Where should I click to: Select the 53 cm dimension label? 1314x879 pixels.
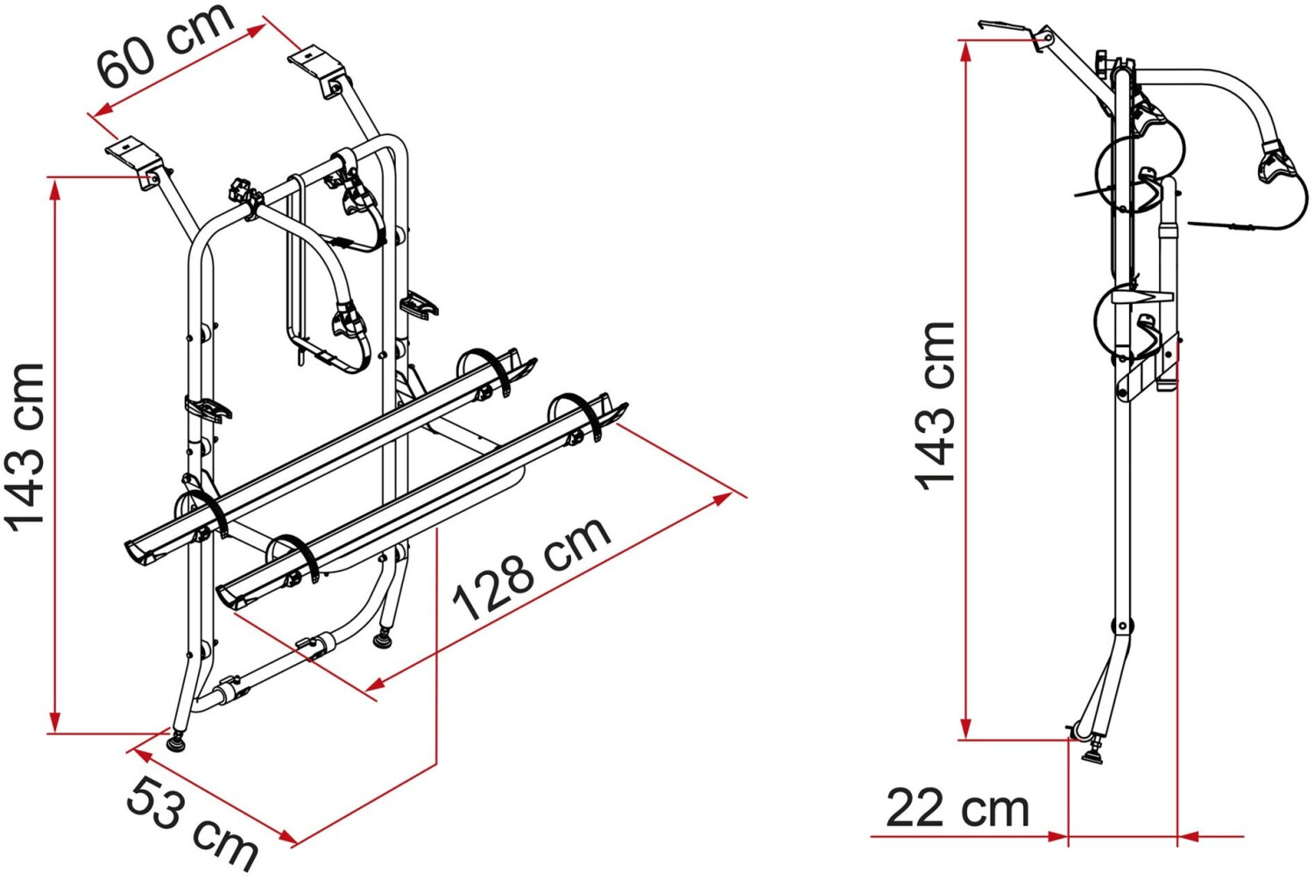coord(192,824)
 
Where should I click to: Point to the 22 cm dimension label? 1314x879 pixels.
coord(957,808)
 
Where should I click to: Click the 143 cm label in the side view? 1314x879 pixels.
coord(934,406)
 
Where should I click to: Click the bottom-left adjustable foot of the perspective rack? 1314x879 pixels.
coord(176,741)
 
